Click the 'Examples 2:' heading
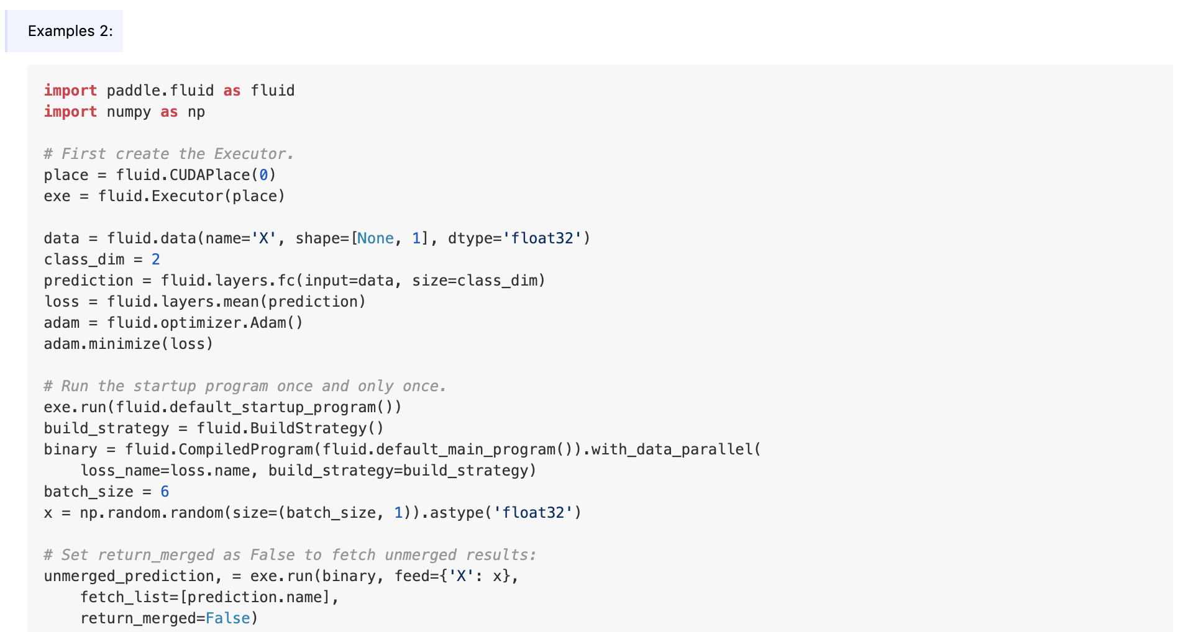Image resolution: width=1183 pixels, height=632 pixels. click(x=70, y=31)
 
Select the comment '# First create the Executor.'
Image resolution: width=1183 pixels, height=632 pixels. click(x=168, y=154)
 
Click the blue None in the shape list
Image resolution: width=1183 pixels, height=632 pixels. click(x=375, y=238)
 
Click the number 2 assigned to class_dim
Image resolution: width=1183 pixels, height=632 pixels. click(x=156, y=260)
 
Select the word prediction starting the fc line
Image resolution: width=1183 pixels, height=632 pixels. click(x=88, y=281)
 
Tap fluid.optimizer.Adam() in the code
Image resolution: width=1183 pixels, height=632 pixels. click(x=204, y=323)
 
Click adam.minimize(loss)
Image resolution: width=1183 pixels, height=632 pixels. click(x=128, y=344)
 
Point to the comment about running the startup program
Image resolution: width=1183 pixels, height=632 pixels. click(x=245, y=386)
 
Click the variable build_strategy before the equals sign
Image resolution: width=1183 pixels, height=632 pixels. click(x=106, y=428)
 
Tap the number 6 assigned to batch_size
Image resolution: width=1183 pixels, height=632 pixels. click(x=165, y=492)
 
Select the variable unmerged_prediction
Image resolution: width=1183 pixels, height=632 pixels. click(x=129, y=576)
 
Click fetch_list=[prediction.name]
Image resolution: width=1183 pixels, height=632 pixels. click(x=209, y=597)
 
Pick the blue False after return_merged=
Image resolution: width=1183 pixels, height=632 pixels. click(x=227, y=618)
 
